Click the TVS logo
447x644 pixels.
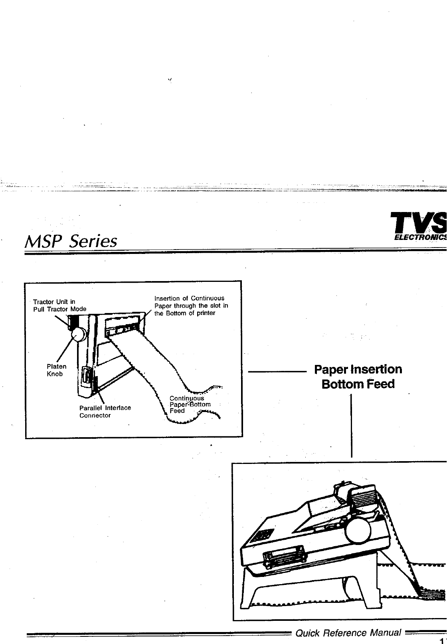pos(419,223)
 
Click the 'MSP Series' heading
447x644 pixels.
pos(71,241)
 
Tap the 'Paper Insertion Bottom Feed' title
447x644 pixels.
pos(358,376)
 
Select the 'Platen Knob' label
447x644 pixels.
pos(56,370)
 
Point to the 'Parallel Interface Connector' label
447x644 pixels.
pos(105,411)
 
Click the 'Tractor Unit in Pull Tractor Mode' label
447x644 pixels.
pos(59,305)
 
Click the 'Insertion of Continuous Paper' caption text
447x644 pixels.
pos(191,305)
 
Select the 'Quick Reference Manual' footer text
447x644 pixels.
pos(348,632)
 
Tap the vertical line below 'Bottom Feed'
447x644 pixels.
pos(352,425)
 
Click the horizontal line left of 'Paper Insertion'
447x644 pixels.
pos(276,372)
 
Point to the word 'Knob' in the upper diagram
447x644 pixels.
pos(55,374)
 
